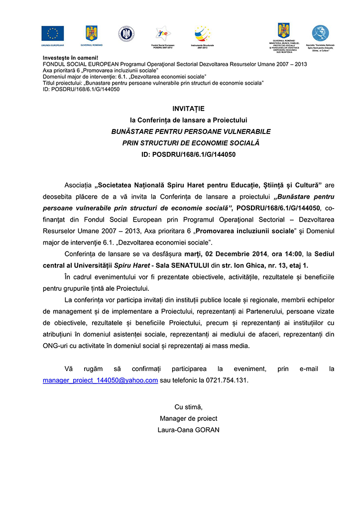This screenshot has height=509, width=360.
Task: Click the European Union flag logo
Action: (x=52, y=33)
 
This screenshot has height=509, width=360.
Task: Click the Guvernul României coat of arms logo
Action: (x=91, y=33)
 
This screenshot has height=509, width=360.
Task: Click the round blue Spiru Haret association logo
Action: (x=320, y=33)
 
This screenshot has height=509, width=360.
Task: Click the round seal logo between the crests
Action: (x=126, y=33)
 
